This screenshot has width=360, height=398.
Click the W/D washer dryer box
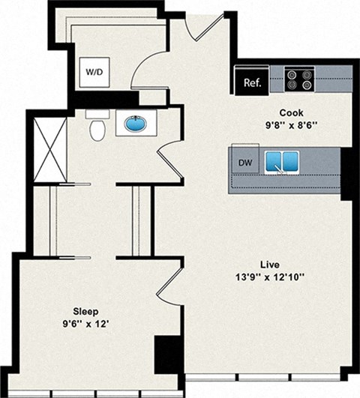tap(94, 73)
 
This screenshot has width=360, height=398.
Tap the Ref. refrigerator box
tap(251, 82)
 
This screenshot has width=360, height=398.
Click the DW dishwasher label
tap(244, 162)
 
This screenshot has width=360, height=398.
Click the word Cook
tap(270, 112)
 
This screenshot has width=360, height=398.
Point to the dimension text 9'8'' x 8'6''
tap(270, 125)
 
